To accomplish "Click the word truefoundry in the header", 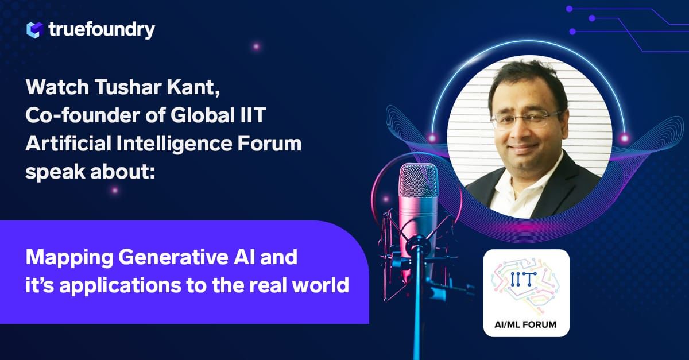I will click(x=102, y=29).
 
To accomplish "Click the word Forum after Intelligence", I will click(x=274, y=144).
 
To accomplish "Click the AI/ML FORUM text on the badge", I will click(x=525, y=324).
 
